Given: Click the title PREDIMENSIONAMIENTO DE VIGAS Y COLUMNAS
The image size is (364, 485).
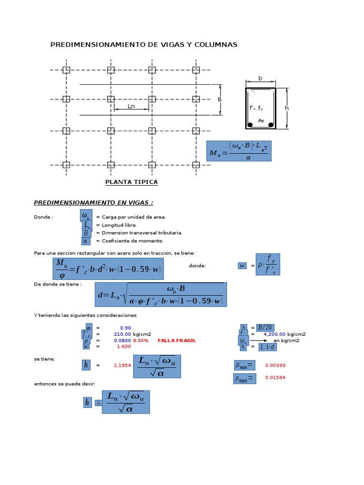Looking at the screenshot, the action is (144, 45).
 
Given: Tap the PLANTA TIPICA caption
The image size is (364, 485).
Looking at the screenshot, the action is (131, 182).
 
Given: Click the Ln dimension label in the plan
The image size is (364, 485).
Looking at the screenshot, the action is (131, 106).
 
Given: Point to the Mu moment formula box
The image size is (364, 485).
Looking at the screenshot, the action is (239, 151).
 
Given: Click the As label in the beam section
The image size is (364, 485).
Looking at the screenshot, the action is (261, 121).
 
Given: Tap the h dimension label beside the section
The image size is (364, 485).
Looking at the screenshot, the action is (286, 108).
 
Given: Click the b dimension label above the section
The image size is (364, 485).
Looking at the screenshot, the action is (260, 78).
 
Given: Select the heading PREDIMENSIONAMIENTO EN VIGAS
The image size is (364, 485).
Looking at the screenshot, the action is (93, 203).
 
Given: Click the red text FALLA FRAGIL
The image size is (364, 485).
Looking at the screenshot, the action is (176, 341).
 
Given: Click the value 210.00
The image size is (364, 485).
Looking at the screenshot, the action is (122, 334).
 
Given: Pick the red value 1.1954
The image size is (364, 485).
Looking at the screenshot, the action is (122, 365).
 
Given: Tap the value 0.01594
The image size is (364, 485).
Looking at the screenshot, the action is (275, 377).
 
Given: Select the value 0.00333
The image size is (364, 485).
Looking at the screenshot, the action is (275, 365).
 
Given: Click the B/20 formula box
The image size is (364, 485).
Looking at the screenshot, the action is (264, 327).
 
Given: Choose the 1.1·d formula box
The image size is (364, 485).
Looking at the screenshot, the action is (267, 347).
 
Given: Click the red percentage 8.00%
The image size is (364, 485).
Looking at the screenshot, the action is (141, 341).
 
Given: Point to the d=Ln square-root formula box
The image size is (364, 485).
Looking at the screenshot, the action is (161, 295).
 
